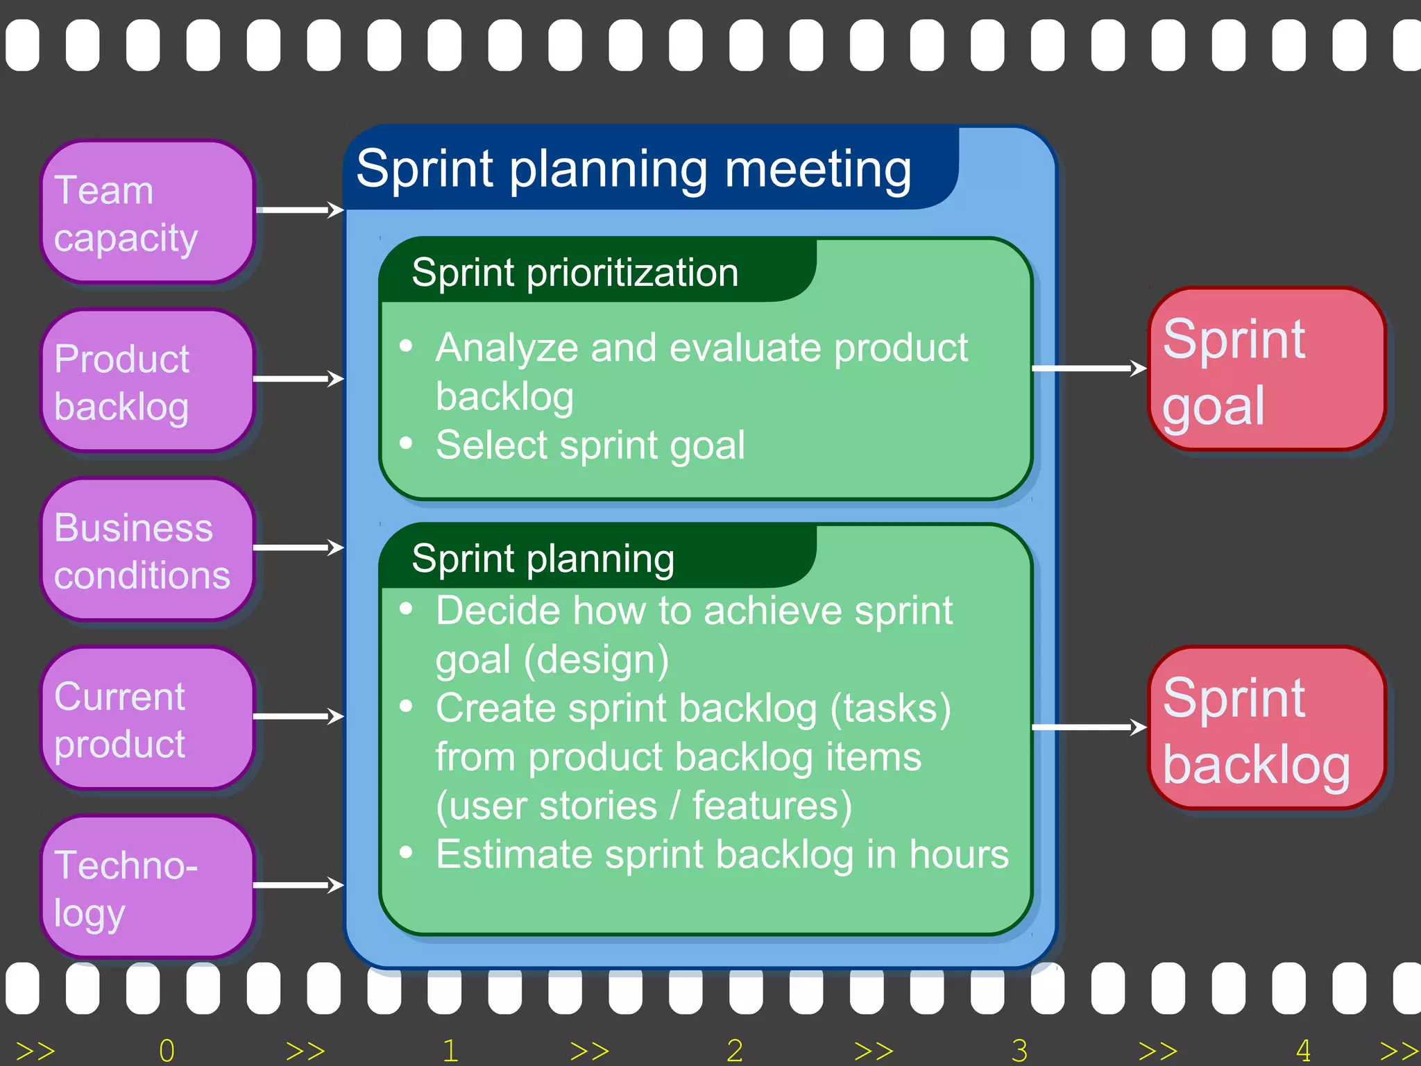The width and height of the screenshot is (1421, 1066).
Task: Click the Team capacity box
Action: pyautogui.click(x=147, y=212)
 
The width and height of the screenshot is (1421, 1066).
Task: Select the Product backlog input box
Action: pyautogui.click(x=147, y=381)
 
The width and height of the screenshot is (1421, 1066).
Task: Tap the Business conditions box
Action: pyautogui.click(x=147, y=550)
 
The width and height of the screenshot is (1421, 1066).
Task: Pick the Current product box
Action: pyautogui.click(x=147, y=718)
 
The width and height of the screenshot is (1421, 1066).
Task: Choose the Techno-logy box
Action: pyautogui.click(x=147, y=887)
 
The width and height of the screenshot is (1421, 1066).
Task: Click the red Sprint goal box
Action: pyautogui.click(x=1267, y=369)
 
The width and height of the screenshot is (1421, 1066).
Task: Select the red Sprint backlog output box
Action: pyautogui.click(x=1267, y=728)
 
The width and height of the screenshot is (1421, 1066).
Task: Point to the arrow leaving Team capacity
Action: pyautogui.click(x=299, y=210)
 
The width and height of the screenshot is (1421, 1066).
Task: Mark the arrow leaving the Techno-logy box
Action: pyautogui.click(x=299, y=885)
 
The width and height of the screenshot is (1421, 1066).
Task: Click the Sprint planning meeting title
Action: pyautogui.click(x=633, y=169)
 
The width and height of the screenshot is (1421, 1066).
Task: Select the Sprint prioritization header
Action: pyautogui.click(x=575, y=272)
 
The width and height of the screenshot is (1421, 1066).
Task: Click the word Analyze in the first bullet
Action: pyautogui.click(x=507, y=348)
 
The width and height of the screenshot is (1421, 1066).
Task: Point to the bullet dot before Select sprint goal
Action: pyautogui.click(x=407, y=443)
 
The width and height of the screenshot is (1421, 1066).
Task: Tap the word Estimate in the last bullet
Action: pyautogui.click(x=514, y=854)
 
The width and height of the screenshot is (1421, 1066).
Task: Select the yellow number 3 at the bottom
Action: pyautogui.click(x=1019, y=1051)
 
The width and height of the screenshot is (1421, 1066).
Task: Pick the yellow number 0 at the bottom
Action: pyautogui.click(x=167, y=1051)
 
